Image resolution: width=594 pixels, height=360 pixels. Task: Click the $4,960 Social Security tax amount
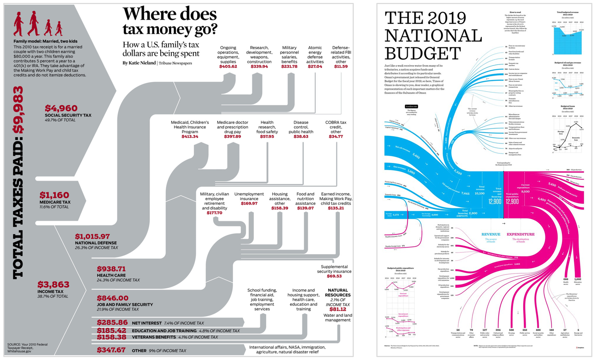61,108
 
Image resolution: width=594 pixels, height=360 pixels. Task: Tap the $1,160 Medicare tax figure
54,195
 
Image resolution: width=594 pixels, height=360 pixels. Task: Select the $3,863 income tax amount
53,284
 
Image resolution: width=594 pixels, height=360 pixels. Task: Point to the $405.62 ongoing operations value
228,66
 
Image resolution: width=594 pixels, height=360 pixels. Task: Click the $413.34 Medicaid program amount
190,136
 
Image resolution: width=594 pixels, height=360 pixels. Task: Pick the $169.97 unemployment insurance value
249,203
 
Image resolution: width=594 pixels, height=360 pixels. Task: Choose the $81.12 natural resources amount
338,309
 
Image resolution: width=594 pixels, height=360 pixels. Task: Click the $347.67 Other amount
111,350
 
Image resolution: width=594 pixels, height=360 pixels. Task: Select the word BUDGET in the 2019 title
423,53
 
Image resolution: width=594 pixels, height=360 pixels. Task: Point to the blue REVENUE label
490,234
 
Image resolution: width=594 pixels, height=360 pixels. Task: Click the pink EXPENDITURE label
520,234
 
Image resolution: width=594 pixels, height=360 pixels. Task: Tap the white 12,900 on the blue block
495,201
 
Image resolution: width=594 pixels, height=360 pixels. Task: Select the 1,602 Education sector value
577,279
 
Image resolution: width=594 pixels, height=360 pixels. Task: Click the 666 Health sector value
566,279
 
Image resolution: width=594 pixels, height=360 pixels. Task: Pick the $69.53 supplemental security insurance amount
334,276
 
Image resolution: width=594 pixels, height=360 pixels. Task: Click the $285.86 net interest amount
112,323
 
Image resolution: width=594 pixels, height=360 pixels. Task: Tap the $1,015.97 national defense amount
92,236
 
